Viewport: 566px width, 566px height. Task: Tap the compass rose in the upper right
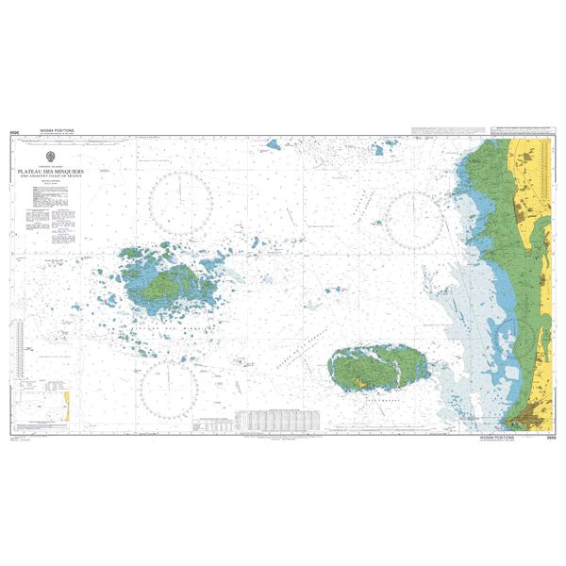pyautogui.click(x=412, y=218)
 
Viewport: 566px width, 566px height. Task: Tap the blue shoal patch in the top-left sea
pyautogui.click(x=273, y=146)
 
